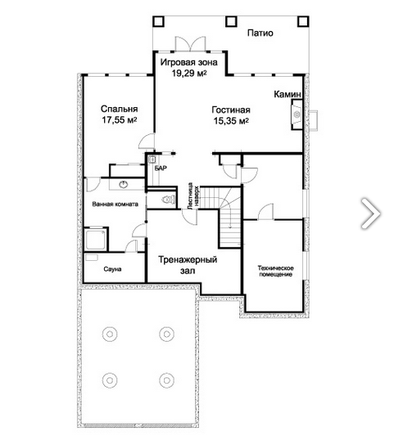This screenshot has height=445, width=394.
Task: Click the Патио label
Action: coord(260,33)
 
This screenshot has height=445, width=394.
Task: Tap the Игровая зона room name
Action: coord(188,62)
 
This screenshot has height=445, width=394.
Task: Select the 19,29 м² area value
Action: coord(188,74)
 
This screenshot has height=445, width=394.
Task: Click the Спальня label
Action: coord(119,109)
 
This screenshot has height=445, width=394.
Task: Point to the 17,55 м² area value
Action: coord(120,119)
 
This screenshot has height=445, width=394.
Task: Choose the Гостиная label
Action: coord(231,110)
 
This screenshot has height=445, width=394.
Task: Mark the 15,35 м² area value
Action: coord(231,121)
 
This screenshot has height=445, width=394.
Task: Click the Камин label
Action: coord(288,94)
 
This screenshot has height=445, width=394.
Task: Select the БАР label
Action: coord(161,169)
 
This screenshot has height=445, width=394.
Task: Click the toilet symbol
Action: coord(168,200)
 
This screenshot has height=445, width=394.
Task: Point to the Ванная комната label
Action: coord(115,204)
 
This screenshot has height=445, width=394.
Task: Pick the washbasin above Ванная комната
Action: coord(124,185)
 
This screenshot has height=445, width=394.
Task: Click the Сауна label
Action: coord(112,269)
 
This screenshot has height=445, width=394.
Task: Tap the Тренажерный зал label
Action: coord(188,265)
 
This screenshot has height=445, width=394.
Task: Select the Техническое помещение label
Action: coord(275,271)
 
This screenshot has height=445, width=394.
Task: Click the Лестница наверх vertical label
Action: coord(193,196)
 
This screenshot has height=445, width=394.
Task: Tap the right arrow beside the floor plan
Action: coord(371,214)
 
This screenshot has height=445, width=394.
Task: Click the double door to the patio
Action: coord(190,44)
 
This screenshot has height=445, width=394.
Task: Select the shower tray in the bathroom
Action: coord(96,239)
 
